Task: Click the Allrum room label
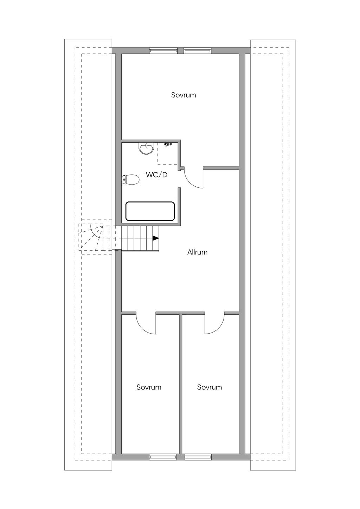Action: (x=197, y=252)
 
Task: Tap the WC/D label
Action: (x=156, y=175)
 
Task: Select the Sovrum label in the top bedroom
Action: (x=184, y=95)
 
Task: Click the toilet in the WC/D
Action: (x=130, y=180)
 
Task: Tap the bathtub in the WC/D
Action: (x=150, y=211)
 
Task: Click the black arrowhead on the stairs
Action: (x=155, y=238)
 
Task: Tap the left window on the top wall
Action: (x=163, y=50)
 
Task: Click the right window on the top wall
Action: (x=197, y=50)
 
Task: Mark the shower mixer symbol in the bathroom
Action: (x=168, y=144)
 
